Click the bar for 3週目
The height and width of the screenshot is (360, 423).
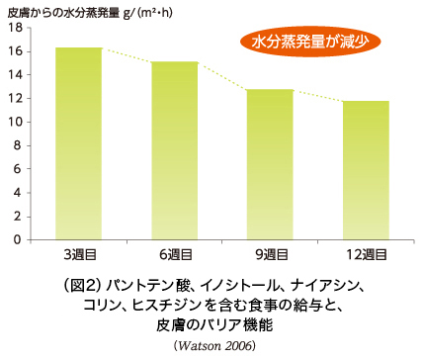[79, 143]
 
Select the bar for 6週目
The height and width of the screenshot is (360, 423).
[175, 150]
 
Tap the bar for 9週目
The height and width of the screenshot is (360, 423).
[270, 164]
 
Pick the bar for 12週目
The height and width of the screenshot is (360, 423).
[366, 170]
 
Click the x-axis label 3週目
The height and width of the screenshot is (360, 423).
[80, 255]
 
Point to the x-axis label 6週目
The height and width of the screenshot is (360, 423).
[176, 255]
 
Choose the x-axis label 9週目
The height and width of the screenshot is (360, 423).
[272, 255]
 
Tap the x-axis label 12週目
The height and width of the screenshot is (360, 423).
[367, 255]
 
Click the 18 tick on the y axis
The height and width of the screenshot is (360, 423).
[15, 28]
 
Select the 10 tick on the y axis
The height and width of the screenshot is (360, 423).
[15, 122]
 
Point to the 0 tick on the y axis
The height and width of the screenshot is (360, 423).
[18, 239]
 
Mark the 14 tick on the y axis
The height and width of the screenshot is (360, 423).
[15, 75]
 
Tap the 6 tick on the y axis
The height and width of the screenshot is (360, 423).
[18, 169]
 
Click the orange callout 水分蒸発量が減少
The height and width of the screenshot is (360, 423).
[310, 42]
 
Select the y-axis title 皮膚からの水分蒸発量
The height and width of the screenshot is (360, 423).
[63, 13]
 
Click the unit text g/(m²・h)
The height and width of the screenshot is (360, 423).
[148, 13]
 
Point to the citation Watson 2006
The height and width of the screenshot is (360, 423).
[214, 346]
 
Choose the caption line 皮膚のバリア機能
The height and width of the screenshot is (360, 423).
[214, 325]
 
